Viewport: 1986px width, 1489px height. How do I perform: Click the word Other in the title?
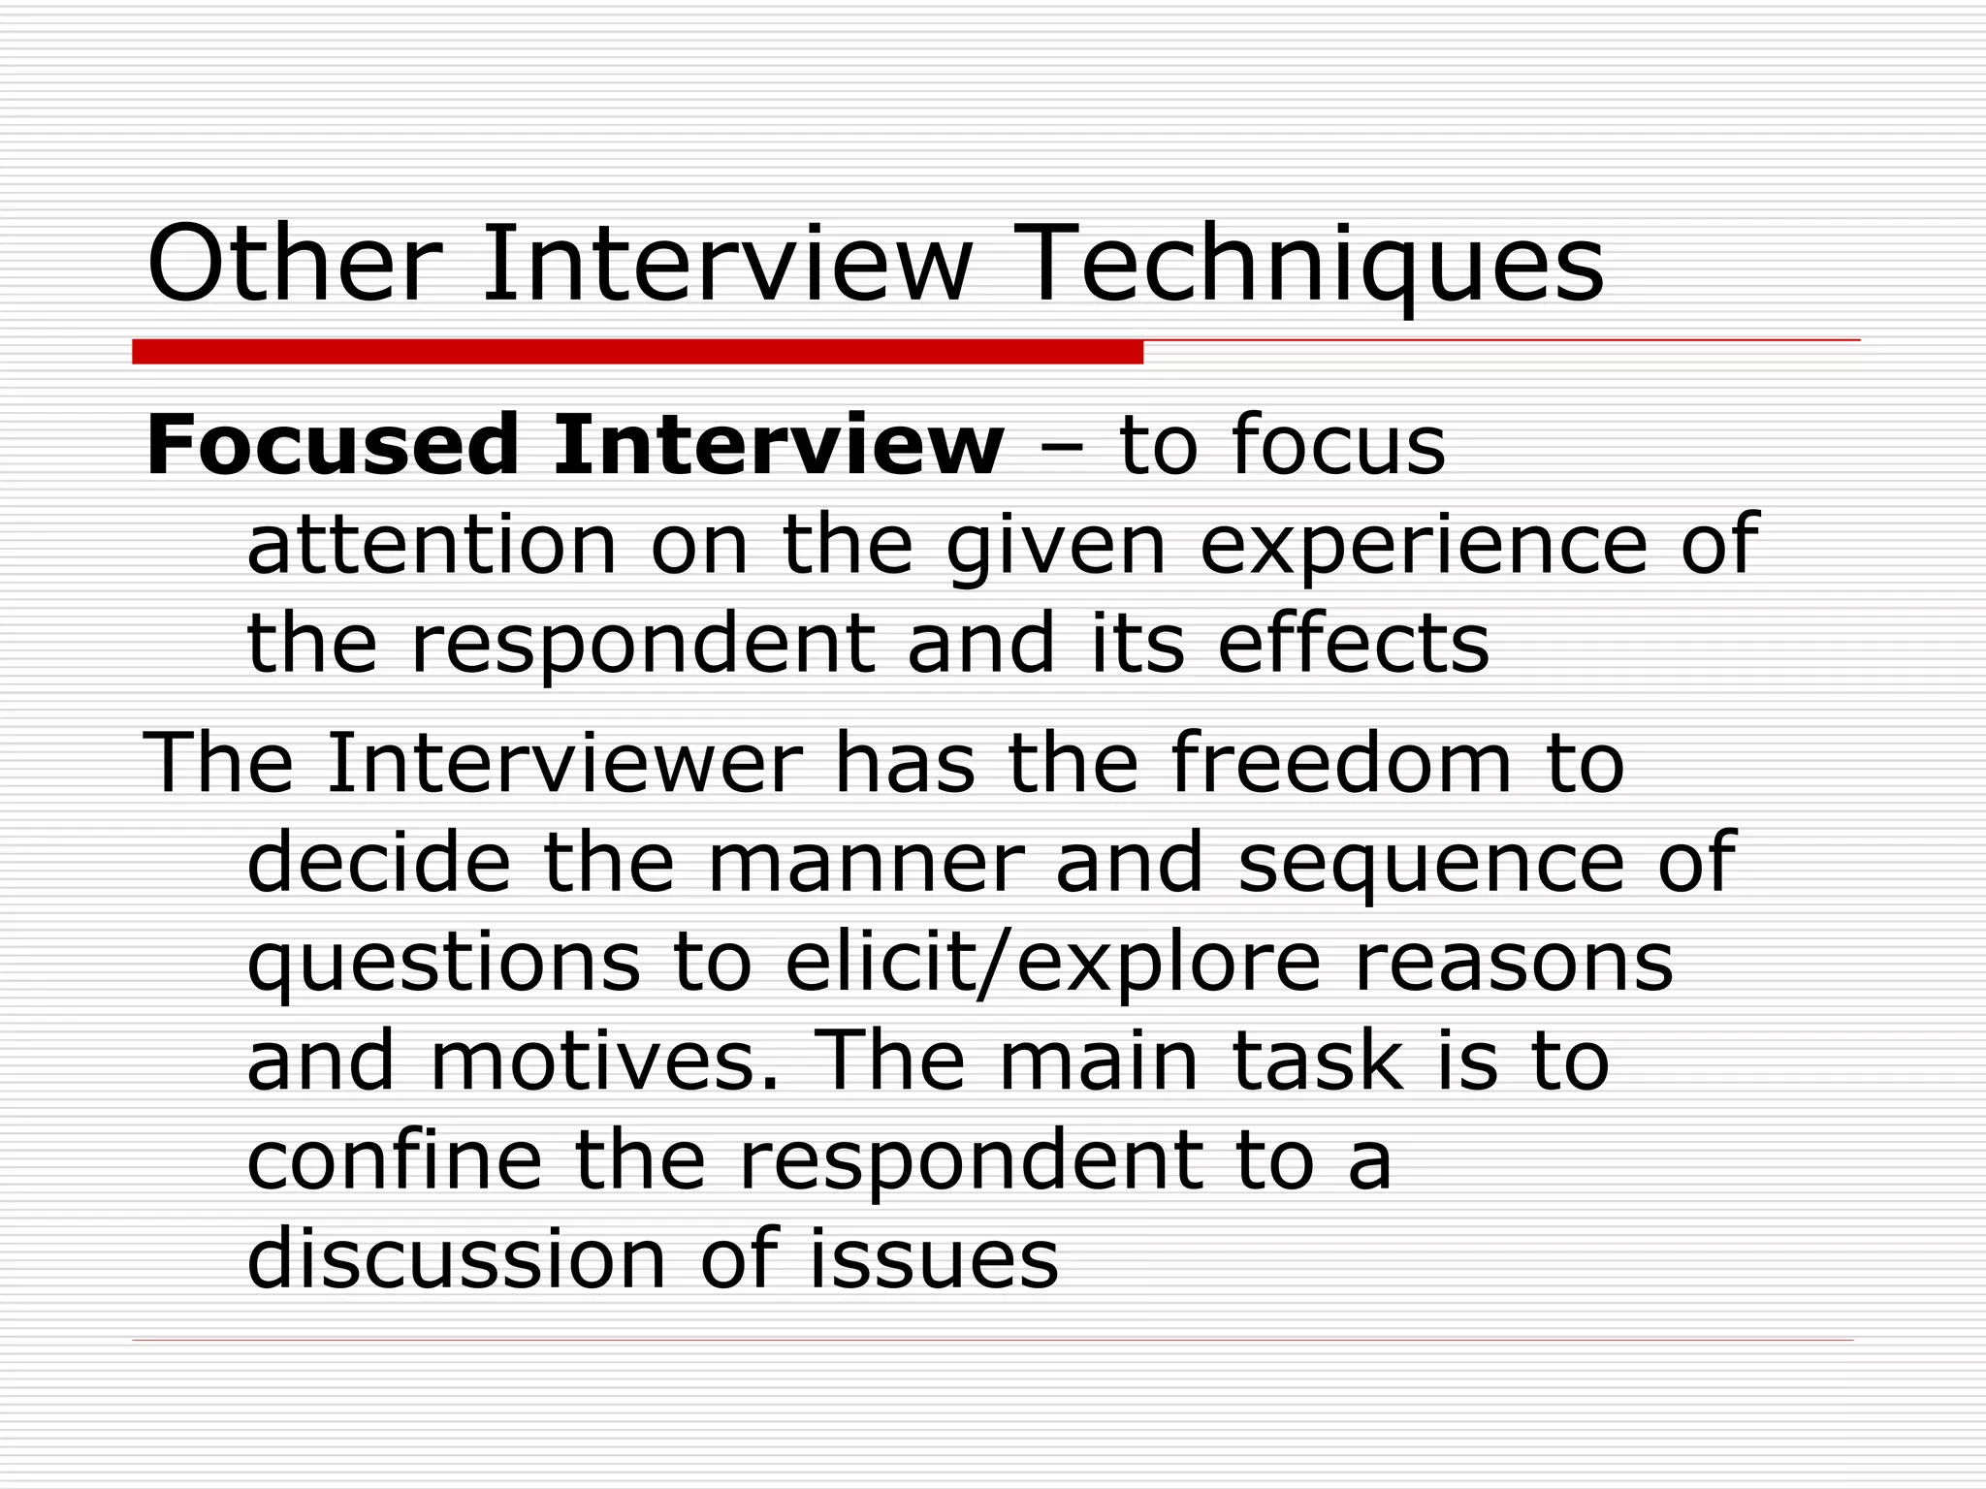tap(289, 265)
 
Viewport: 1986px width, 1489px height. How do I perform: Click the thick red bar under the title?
tap(637, 352)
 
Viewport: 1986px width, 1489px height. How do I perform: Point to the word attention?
tap(432, 545)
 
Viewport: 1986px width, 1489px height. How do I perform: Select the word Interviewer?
tap(564, 764)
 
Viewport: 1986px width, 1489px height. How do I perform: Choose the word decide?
tap(378, 862)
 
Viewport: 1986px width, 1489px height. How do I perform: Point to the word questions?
tap(443, 965)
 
